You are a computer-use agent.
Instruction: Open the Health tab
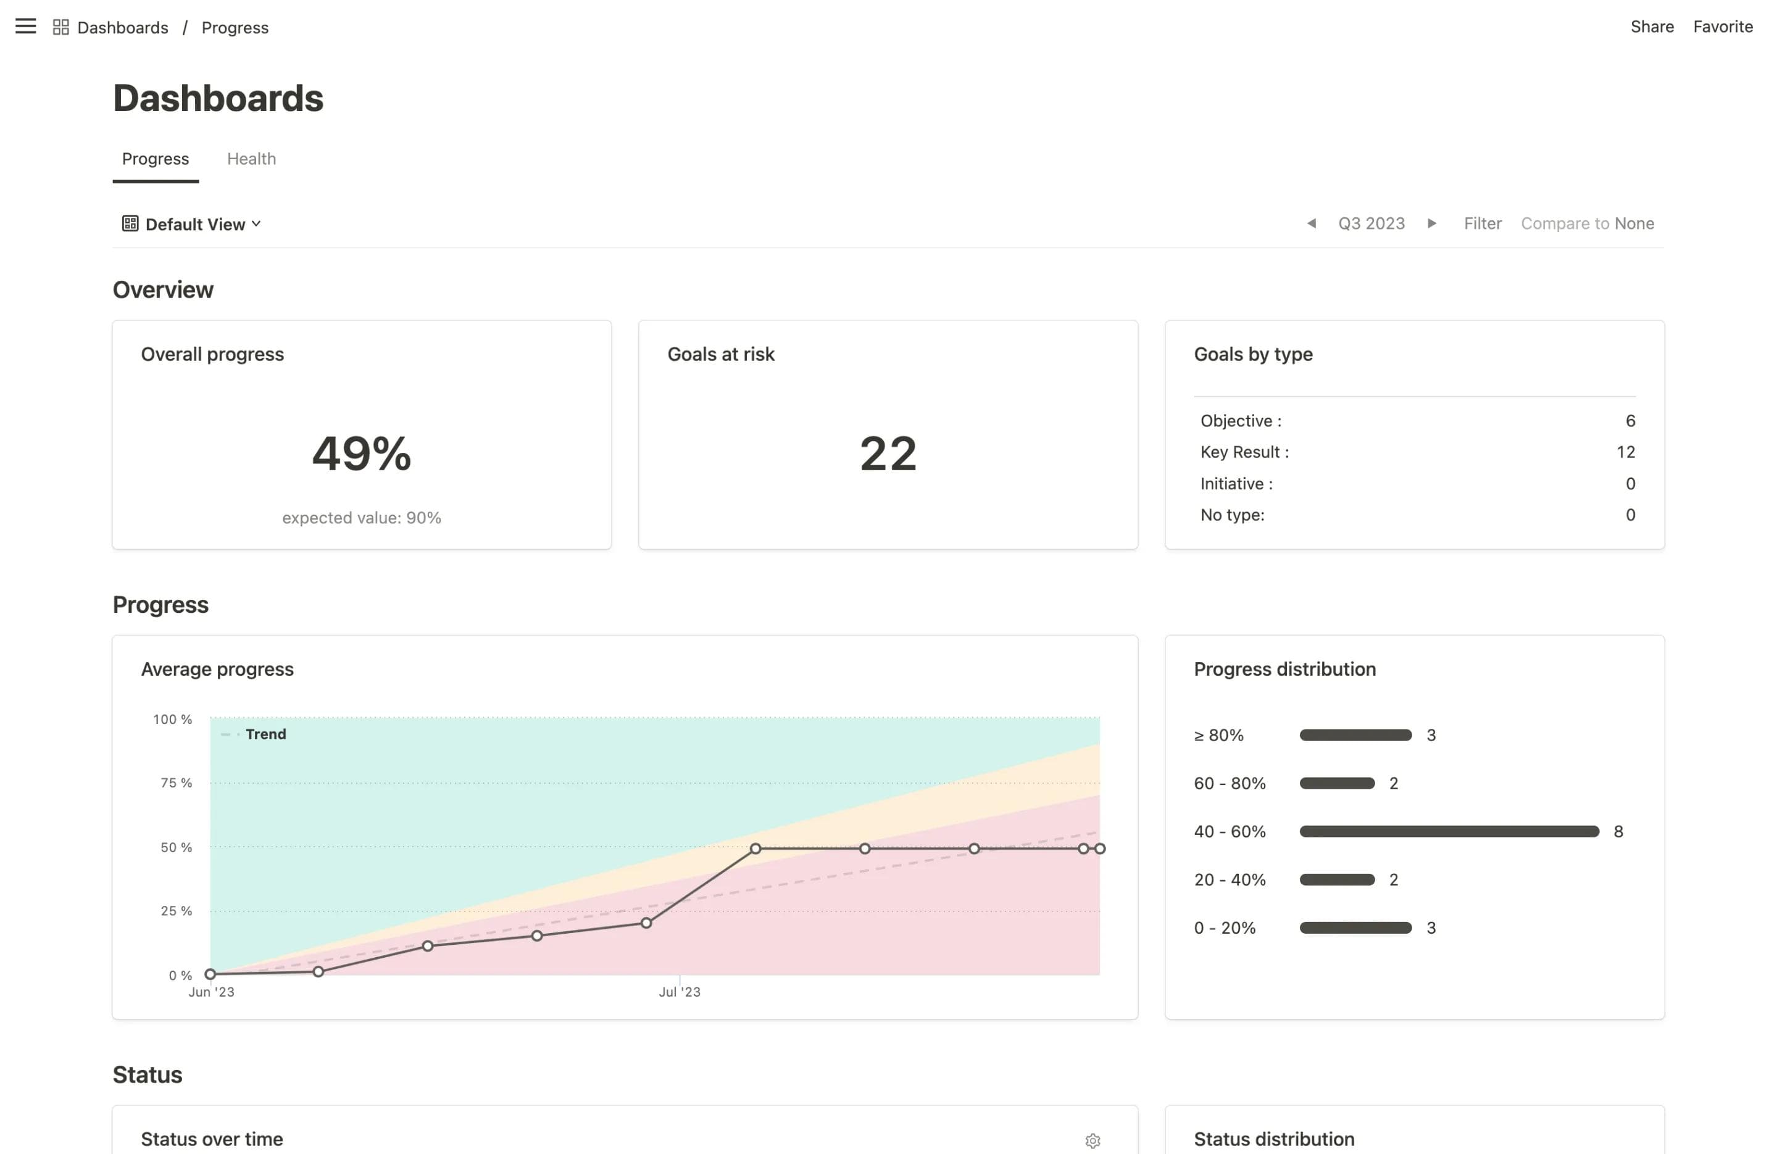pyautogui.click(x=251, y=159)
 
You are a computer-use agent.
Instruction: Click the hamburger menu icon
pyautogui.click(x=25, y=27)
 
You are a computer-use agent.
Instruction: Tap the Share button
pyautogui.click(x=1652, y=27)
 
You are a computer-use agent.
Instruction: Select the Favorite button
pyautogui.click(x=1723, y=27)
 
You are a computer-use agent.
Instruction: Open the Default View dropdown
pyautogui.click(x=193, y=224)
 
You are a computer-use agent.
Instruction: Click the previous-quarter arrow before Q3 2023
pyautogui.click(x=1311, y=223)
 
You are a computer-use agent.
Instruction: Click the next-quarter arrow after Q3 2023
pyautogui.click(x=1431, y=223)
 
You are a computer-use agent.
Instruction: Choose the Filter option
pyautogui.click(x=1482, y=223)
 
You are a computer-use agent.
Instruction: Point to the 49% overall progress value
pyautogui.click(x=361, y=453)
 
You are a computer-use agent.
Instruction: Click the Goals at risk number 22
pyautogui.click(x=888, y=453)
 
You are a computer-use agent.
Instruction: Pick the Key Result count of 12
pyautogui.click(x=1625, y=452)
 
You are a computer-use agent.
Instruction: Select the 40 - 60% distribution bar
pyautogui.click(x=1449, y=831)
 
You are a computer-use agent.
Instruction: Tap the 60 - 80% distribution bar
pyautogui.click(x=1336, y=784)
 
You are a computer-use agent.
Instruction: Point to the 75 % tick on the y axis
pyautogui.click(x=176, y=783)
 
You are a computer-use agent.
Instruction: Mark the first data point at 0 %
pyautogui.click(x=210, y=974)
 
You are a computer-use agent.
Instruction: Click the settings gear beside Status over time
pyautogui.click(x=1092, y=1140)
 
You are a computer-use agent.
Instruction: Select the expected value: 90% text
pyautogui.click(x=361, y=518)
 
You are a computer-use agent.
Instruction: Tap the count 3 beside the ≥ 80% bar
pyautogui.click(x=1431, y=735)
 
